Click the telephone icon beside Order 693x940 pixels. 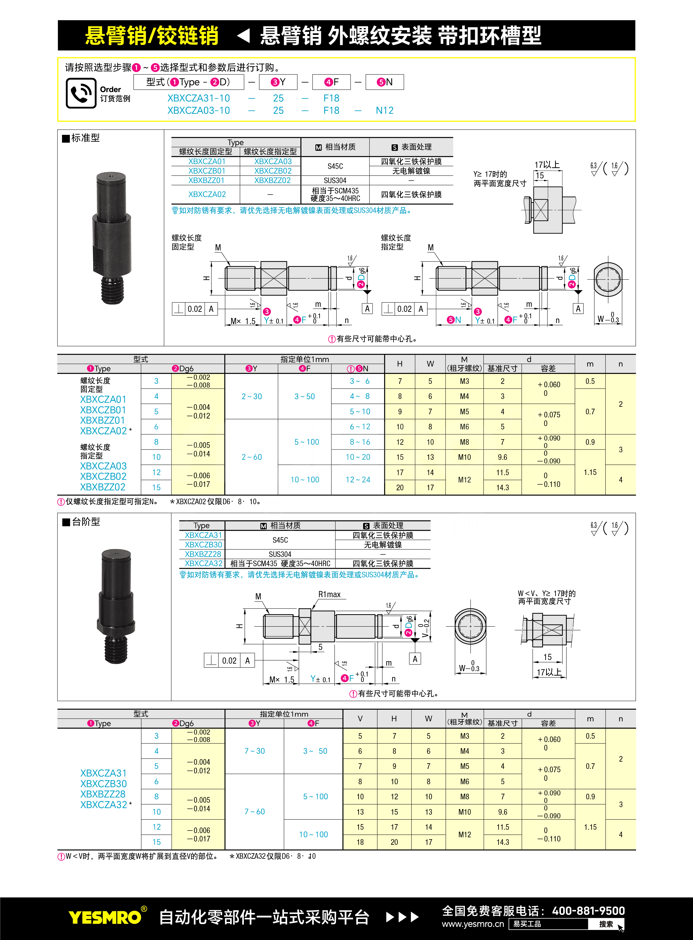coord(81,93)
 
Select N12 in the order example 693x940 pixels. coord(384,111)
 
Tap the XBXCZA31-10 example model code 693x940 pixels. coord(199,98)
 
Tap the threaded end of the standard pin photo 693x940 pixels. coord(112,290)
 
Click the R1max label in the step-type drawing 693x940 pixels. coord(329,595)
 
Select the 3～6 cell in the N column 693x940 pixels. coord(359,381)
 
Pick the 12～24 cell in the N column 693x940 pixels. coord(358,480)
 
